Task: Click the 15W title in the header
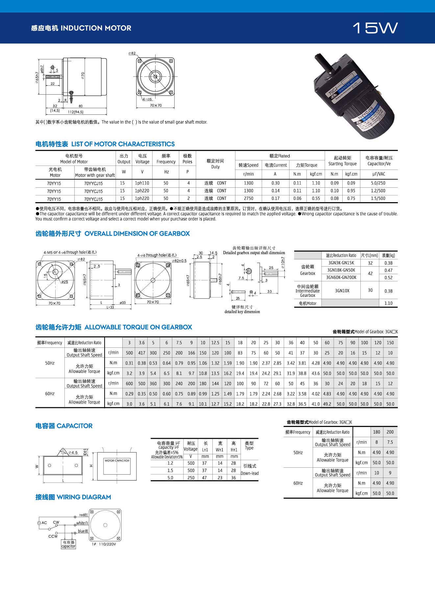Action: click(x=375, y=28)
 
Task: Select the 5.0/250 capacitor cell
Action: click(x=378, y=183)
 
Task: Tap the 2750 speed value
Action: click(x=249, y=199)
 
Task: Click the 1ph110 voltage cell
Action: click(x=142, y=183)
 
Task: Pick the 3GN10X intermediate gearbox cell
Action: click(x=342, y=291)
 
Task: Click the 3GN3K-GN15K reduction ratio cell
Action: click(x=341, y=263)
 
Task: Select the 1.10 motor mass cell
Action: click(x=388, y=303)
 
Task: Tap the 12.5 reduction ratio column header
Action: click(x=215, y=342)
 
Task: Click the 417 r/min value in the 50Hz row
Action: click(x=142, y=353)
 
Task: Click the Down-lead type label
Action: click(x=250, y=473)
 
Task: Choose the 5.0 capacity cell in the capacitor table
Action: click(x=170, y=478)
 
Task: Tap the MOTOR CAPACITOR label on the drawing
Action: click(x=117, y=460)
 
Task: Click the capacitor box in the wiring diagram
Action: click(x=68, y=544)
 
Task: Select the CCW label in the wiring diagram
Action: click(x=53, y=536)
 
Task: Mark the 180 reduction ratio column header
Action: click(x=376, y=432)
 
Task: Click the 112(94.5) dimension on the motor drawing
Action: click(x=76, y=112)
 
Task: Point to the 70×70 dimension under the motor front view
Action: click(x=156, y=106)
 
